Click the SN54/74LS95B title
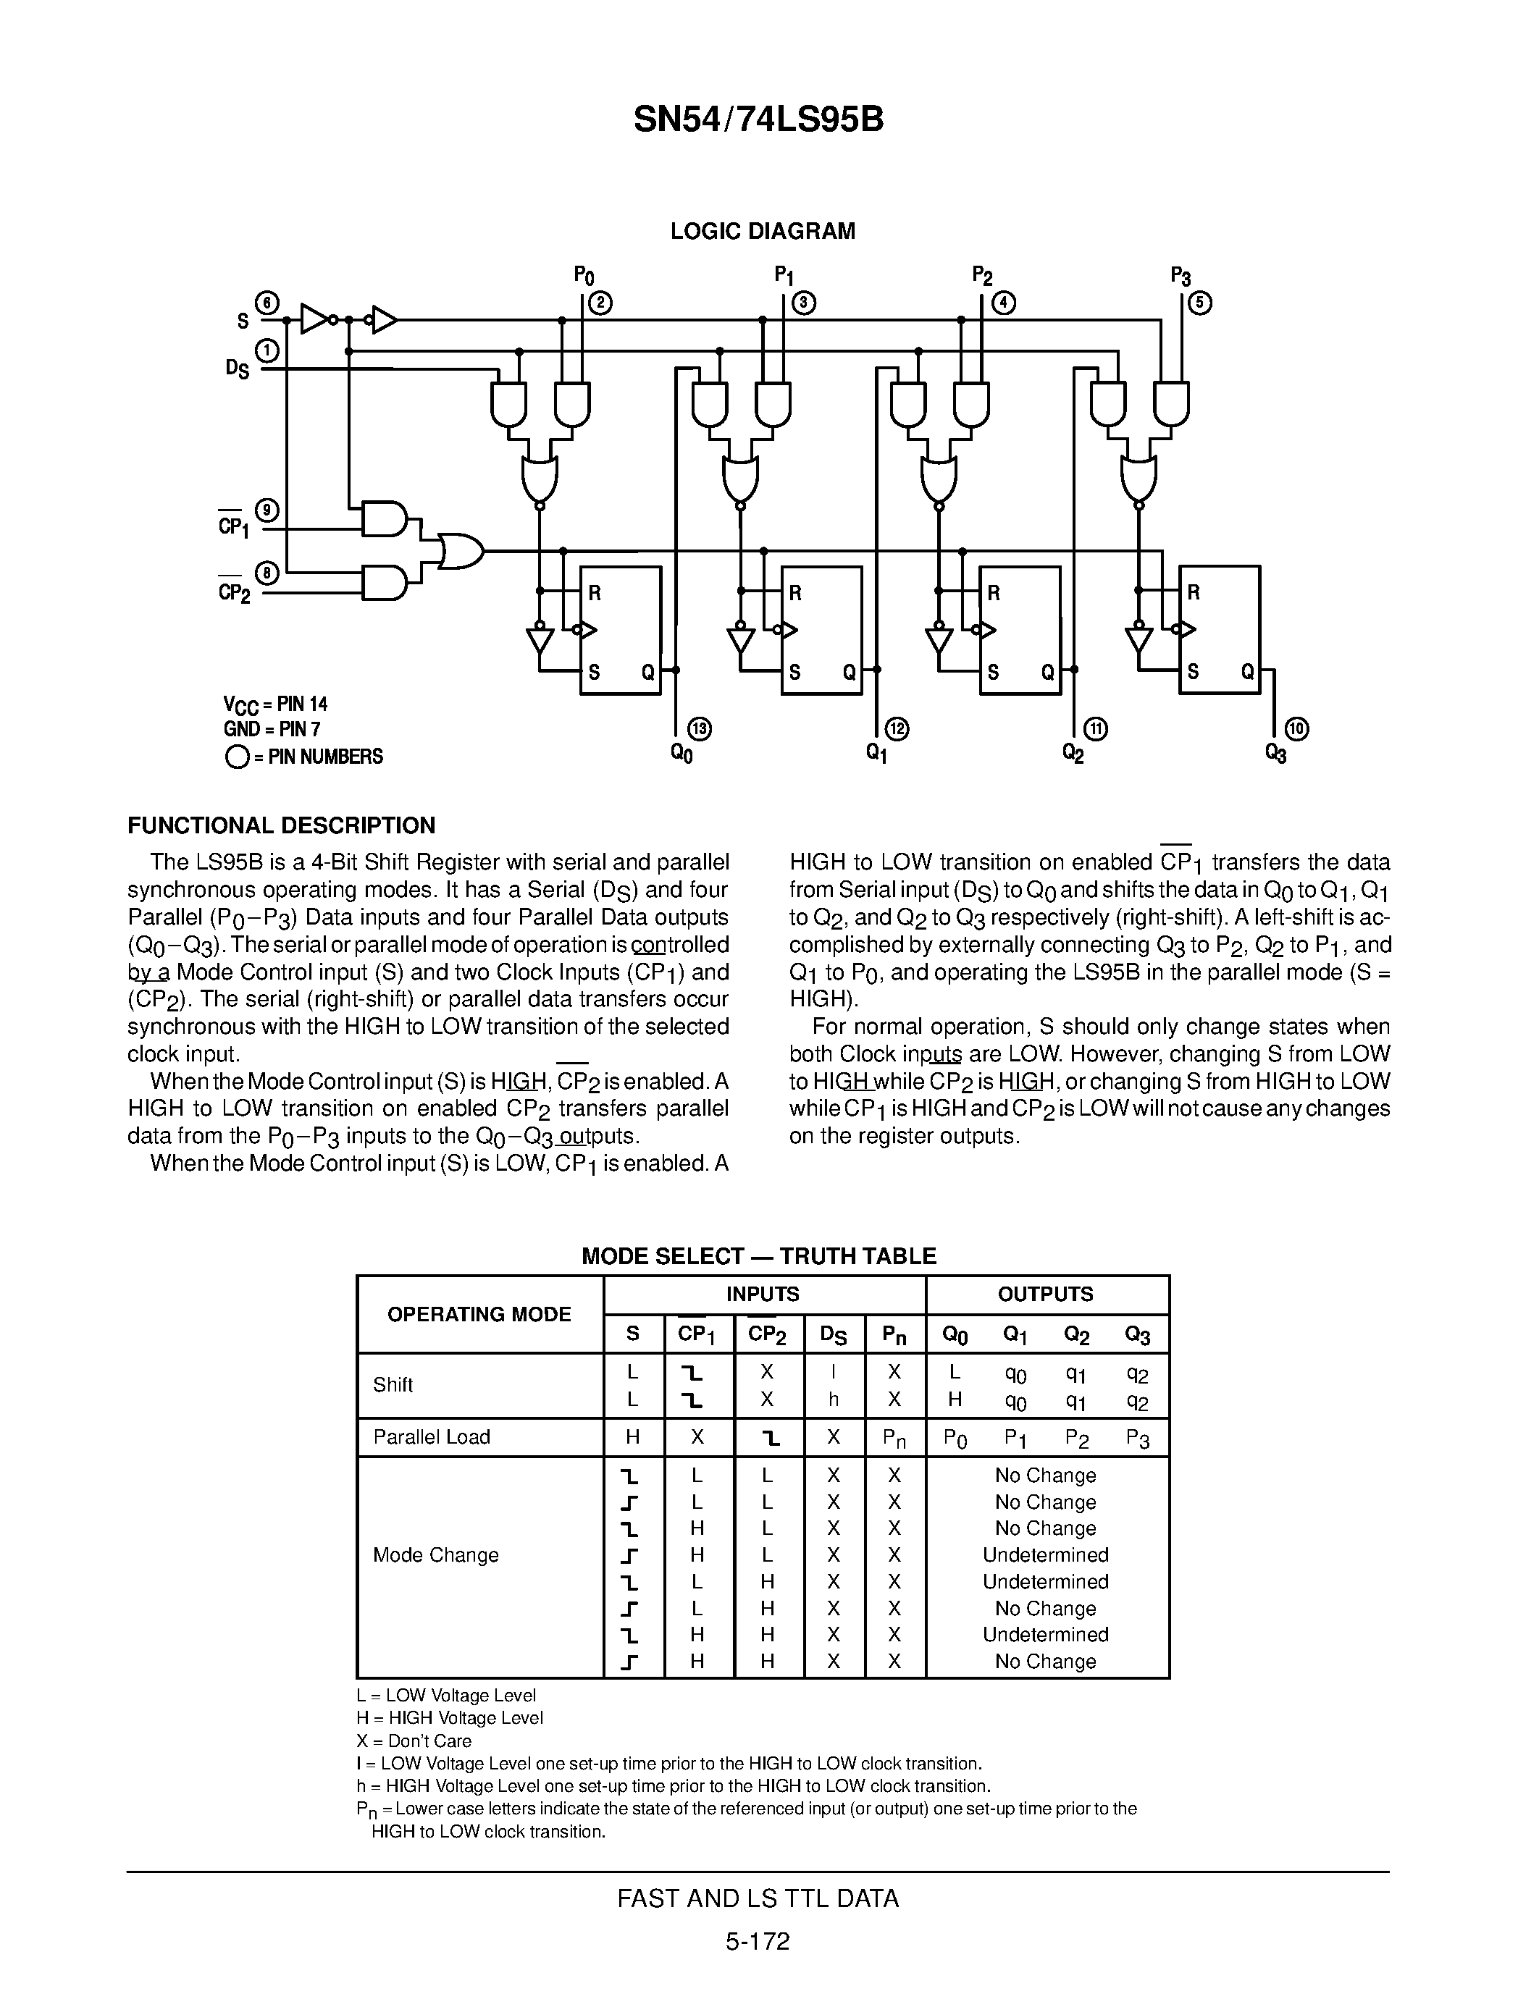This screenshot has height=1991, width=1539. [758, 119]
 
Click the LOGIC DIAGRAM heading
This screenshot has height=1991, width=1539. [762, 232]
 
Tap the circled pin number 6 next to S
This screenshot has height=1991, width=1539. [267, 303]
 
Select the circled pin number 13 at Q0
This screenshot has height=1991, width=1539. [700, 728]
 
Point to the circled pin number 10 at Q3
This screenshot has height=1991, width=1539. [1296, 728]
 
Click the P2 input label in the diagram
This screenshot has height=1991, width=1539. [982, 275]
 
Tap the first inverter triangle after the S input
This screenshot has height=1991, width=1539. [314, 319]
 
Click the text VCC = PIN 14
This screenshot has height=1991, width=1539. [275, 704]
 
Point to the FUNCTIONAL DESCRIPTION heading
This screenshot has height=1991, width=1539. [281, 826]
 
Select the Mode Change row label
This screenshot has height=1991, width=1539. [436, 1554]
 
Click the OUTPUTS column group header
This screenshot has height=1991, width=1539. [1046, 1294]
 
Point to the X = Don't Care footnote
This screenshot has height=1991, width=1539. [414, 1740]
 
